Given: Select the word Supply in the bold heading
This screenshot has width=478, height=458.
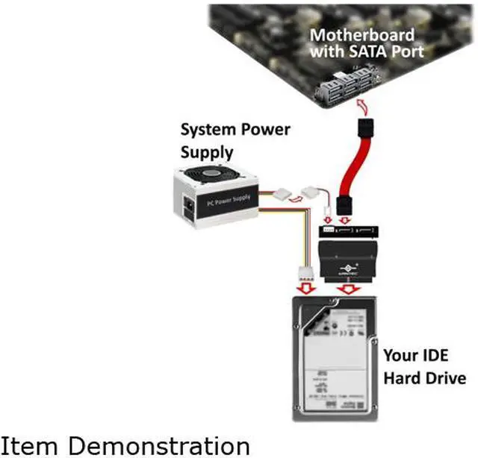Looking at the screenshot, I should [x=208, y=152].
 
